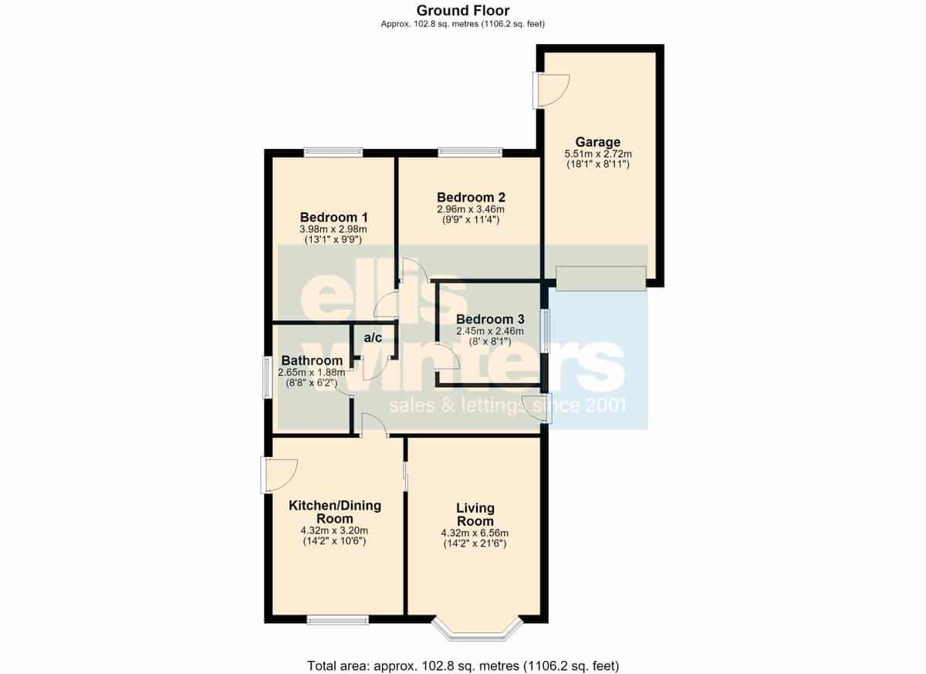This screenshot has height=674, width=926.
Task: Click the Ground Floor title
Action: pyautogui.click(x=463, y=10)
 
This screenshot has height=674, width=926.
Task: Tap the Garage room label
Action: pyautogui.click(x=598, y=142)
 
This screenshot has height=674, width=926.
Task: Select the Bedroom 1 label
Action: pyautogui.click(x=333, y=217)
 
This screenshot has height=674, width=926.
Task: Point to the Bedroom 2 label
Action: pyautogui.click(x=471, y=197)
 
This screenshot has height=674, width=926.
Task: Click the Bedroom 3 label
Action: pyautogui.click(x=490, y=319)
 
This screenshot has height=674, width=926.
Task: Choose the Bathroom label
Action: pyautogui.click(x=312, y=361)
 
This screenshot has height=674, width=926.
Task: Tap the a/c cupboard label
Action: pyautogui.click(x=373, y=338)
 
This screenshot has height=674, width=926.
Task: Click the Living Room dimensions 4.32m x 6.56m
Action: pyautogui.click(x=475, y=533)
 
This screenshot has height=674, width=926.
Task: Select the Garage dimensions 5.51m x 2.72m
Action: pyautogui.click(x=598, y=154)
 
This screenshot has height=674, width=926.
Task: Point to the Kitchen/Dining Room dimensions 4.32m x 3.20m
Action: pyautogui.click(x=334, y=530)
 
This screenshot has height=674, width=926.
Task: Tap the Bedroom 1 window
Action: pyautogui.click(x=333, y=153)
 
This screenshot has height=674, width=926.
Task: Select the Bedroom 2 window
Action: pyautogui.click(x=470, y=153)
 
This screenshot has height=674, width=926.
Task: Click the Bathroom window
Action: pyautogui.click(x=269, y=378)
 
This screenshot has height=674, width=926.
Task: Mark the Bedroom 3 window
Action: pyautogui.click(x=546, y=330)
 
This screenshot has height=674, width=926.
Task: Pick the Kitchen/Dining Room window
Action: pyautogui.click(x=337, y=620)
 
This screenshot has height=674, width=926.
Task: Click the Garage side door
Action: pyautogui.click(x=551, y=91)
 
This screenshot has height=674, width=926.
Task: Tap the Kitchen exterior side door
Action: pyautogui.click(x=279, y=475)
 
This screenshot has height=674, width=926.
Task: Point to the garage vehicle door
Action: pyautogui.click(x=601, y=279)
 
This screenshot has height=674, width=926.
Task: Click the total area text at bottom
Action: pyautogui.click(x=463, y=666)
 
